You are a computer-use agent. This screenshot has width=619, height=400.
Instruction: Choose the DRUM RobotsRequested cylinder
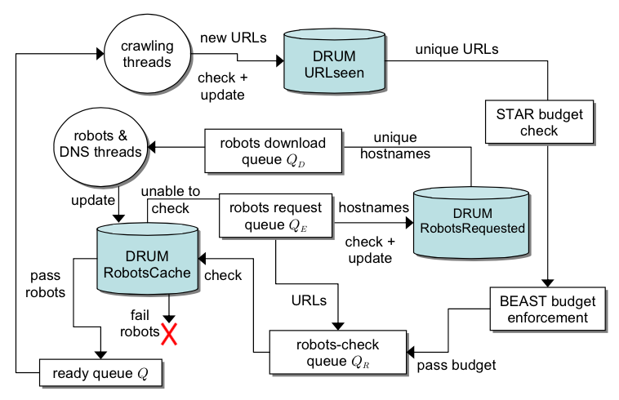[471, 220]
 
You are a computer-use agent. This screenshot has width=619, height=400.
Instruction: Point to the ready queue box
[101, 375]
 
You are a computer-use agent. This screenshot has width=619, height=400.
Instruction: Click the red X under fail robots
[170, 332]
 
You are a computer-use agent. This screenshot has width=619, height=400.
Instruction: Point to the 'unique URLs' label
[456, 49]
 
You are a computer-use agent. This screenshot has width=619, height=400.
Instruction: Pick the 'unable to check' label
[170, 199]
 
